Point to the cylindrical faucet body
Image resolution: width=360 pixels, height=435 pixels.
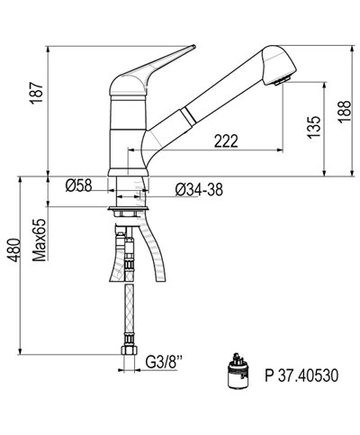pos(126,135)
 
